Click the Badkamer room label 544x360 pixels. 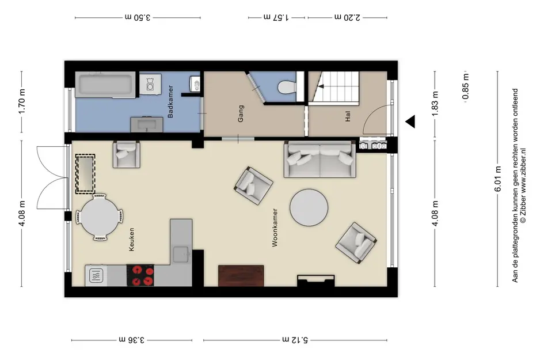[x=170, y=102]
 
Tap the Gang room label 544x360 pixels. [x=241, y=113]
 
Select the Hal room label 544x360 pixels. [x=348, y=116]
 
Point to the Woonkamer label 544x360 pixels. [x=275, y=228]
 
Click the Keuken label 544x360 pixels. [x=131, y=239]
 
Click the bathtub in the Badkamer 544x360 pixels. [x=105, y=85]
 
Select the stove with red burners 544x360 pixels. [x=140, y=275]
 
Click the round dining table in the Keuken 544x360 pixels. [x=100, y=217]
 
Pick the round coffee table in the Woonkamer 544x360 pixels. [x=309, y=207]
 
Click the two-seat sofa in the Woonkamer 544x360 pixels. [x=320, y=160]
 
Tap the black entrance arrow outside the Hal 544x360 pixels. [x=410, y=122]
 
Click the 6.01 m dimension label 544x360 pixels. [x=498, y=179]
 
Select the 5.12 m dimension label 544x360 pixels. [x=295, y=339]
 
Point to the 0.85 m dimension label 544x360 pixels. [x=466, y=86]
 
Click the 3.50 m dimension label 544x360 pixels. [x=138, y=17]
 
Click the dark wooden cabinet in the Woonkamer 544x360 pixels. [x=241, y=276]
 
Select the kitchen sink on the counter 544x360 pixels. [x=181, y=255]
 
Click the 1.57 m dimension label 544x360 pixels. [x=276, y=17]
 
